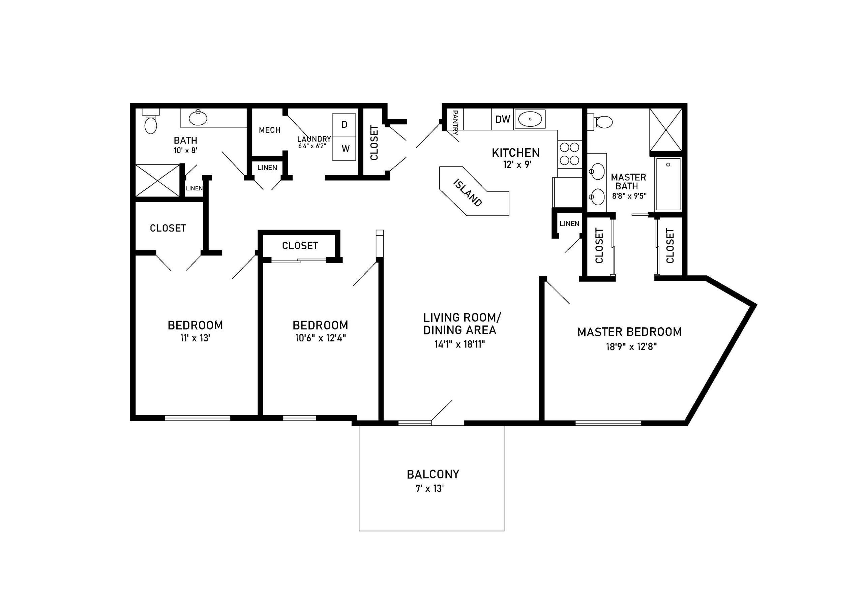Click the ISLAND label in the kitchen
coord(468,192)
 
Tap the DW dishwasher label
coord(503,119)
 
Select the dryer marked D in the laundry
coord(344,125)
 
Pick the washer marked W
coord(344,149)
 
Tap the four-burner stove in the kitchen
coord(569,154)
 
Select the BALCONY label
coord(433,474)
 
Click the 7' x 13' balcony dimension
coord(429,489)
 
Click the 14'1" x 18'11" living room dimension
coord(460,344)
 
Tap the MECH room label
coord(269,130)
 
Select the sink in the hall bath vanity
coord(198,118)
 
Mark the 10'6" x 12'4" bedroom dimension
coord(320,338)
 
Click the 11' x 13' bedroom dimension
coord(195,338)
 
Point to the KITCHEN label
coord(516,153)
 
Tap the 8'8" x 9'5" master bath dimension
coord(629,196)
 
